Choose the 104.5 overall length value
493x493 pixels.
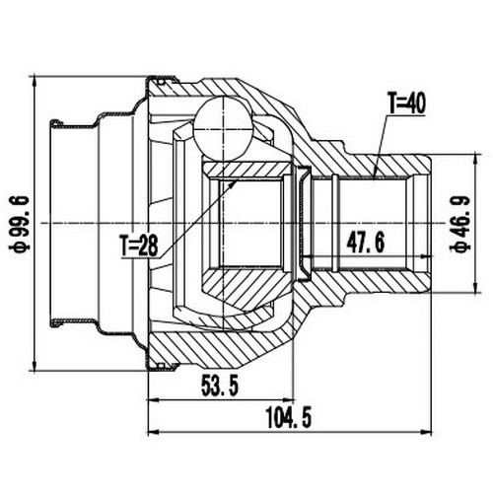[287, 419]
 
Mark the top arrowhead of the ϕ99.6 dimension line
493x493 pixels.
[36, 81]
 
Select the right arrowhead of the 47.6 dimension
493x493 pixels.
[430, 253]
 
